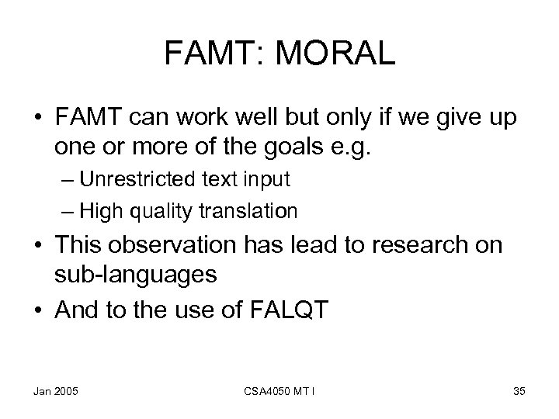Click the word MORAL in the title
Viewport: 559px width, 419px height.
(335, 54)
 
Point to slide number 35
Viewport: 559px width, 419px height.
(519, 391)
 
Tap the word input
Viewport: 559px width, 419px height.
(268, 179)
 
